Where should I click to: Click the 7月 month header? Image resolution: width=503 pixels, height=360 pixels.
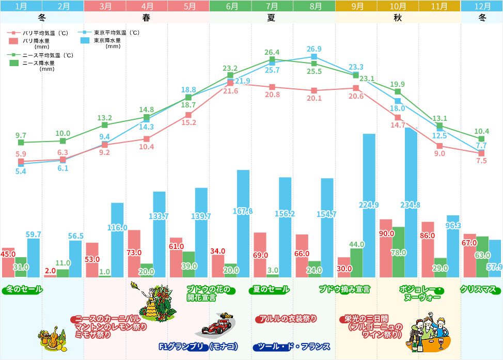(x=272, y=6)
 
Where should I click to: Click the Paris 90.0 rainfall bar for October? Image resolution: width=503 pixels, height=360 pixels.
(x=386, y=248)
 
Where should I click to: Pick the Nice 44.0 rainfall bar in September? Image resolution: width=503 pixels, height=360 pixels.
(x=356, y=263)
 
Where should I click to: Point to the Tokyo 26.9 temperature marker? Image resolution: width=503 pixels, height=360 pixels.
(x=314, y=57)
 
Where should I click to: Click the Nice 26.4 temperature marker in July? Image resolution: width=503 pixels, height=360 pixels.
(x=272, y=59)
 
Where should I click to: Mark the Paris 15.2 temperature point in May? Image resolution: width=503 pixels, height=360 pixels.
(x=188, y=115)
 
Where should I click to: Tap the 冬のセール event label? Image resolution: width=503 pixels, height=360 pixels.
(x=24, y=290)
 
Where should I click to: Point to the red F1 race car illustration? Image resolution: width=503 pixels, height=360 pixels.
(x=217, y=325)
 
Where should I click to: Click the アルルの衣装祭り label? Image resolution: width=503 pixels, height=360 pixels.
(x=287, y=319)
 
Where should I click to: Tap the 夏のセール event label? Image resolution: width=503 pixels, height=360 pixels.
(x=271, y=290)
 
